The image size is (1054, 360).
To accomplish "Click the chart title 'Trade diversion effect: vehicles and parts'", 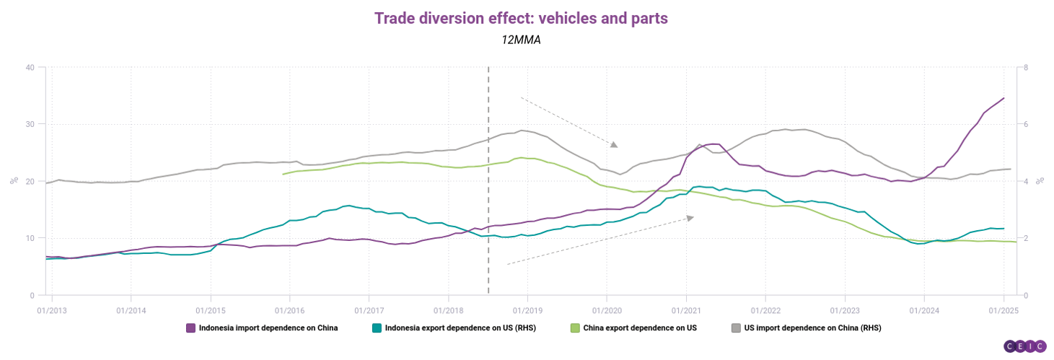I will click(521, 19).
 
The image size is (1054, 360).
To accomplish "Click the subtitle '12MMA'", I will click(521, 40).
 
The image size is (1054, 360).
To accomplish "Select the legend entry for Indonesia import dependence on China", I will click(262, 328).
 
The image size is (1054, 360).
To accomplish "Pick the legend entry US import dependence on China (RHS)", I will click(806, 328).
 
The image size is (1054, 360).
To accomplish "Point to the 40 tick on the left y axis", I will click(30, 68).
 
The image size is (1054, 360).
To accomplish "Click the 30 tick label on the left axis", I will click(30, 125).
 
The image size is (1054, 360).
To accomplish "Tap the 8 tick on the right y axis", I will click(1026, 68).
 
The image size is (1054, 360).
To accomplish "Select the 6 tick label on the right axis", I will click(1026, 125).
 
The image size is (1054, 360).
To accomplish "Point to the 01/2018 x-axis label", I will click(448, 309).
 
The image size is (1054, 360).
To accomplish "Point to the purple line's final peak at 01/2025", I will click(1004, 98).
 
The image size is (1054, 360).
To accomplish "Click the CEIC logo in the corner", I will click(1024, 346).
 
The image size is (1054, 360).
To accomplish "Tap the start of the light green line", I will click(283, 174).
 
